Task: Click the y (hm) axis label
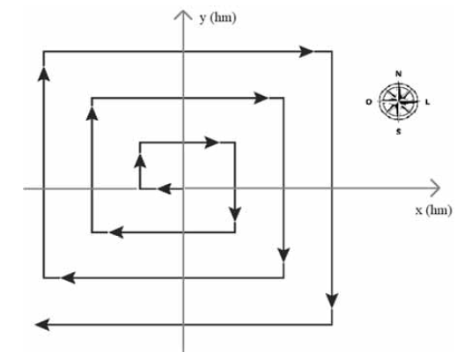(218, 18)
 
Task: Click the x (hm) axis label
(433, 210)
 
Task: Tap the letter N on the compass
(398, 74)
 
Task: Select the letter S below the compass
(399, 131)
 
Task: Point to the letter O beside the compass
(369, 102)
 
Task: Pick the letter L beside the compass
(427, 102)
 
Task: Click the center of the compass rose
(399, 102)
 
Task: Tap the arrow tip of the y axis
(183, 11)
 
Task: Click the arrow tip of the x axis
(440, 188)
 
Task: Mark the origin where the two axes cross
(183, 188)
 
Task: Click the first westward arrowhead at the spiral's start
(164, 189)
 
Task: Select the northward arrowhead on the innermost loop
(140, 160)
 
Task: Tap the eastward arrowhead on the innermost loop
(212, 142)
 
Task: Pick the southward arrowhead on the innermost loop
(235, 214)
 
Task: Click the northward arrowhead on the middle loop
(92, 114)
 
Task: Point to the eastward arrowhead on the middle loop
(261, 98)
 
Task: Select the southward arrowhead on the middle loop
(284, 255)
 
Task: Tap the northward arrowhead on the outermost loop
(44, 74)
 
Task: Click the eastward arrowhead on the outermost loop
(306, 52)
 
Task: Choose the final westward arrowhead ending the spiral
(42, 325)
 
